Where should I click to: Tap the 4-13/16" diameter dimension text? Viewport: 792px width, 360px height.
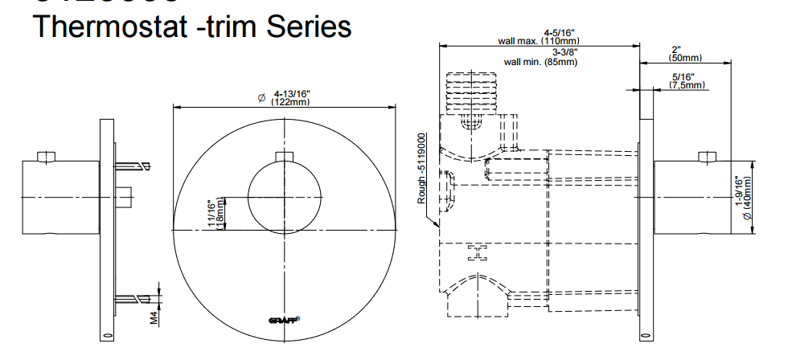291,93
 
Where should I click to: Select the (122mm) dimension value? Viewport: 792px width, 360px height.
291,102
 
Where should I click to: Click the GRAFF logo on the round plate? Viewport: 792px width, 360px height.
285,321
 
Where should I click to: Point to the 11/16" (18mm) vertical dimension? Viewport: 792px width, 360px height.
215,215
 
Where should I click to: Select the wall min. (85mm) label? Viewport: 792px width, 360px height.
540,61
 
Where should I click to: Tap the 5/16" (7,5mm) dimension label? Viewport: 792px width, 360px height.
685,80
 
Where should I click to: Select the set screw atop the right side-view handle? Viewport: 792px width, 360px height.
708,156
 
